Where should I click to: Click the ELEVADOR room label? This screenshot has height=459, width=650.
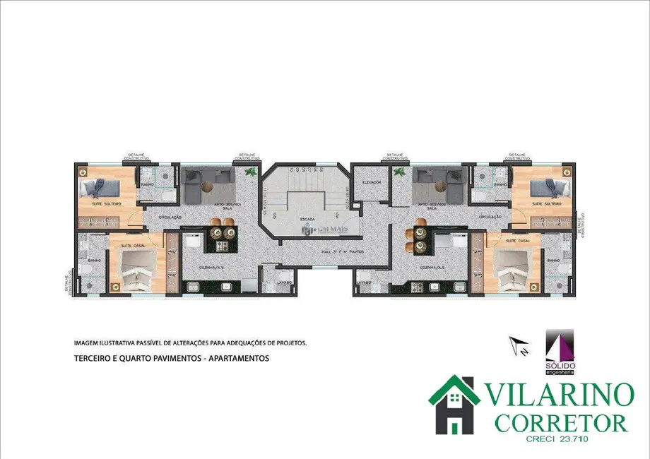[x=372, y=183]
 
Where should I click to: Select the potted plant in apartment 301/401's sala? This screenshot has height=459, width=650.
[x=248, y=172]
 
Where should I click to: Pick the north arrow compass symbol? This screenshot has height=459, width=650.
[x=521, y=347]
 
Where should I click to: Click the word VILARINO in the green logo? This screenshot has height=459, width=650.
[x=558, y=394]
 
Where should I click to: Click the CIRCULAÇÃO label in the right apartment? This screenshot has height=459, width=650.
[x=490, y=217]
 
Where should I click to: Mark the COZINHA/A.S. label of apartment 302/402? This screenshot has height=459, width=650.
[x=432, y=268]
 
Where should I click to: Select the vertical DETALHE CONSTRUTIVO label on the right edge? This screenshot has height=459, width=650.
[x=584, y=225]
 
